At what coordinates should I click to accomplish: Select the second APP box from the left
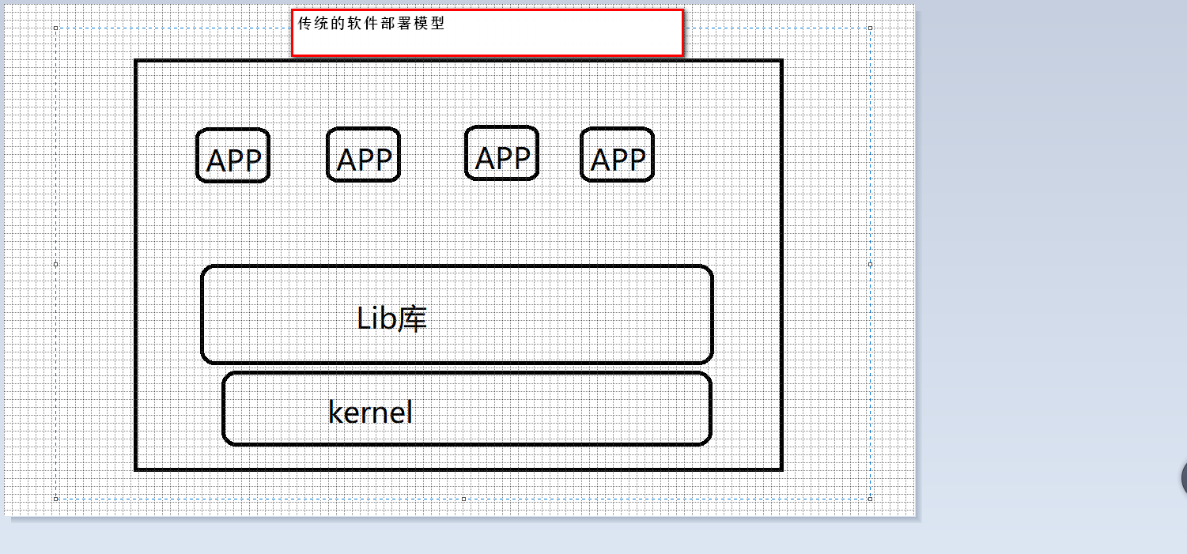click(x=364, y=156)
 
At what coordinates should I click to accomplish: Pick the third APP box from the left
click(x=502, y=154)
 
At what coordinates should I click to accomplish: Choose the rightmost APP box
click(x=618, y=156)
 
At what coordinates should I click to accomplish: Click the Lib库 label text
click(x=392, y=319)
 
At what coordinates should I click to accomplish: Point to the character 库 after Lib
click(x=413, y=319)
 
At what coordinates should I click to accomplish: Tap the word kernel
click(x=370, y=412)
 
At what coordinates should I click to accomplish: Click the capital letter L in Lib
click(x=363, y=319)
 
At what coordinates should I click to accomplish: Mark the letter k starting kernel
click(x=335, y=412)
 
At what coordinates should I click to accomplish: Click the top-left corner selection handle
click(x=55, y=28)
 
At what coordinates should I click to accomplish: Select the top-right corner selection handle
click(x=871, y=28)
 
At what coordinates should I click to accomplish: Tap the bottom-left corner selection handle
click(x=55, y=499)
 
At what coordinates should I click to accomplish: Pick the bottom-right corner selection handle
click(x=871, y=499)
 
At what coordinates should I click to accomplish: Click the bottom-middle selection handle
click(x=463, y=499)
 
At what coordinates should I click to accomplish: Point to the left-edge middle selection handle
click(x=55, y=264)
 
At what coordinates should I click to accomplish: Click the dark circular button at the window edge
click(x=1184, y=477)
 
